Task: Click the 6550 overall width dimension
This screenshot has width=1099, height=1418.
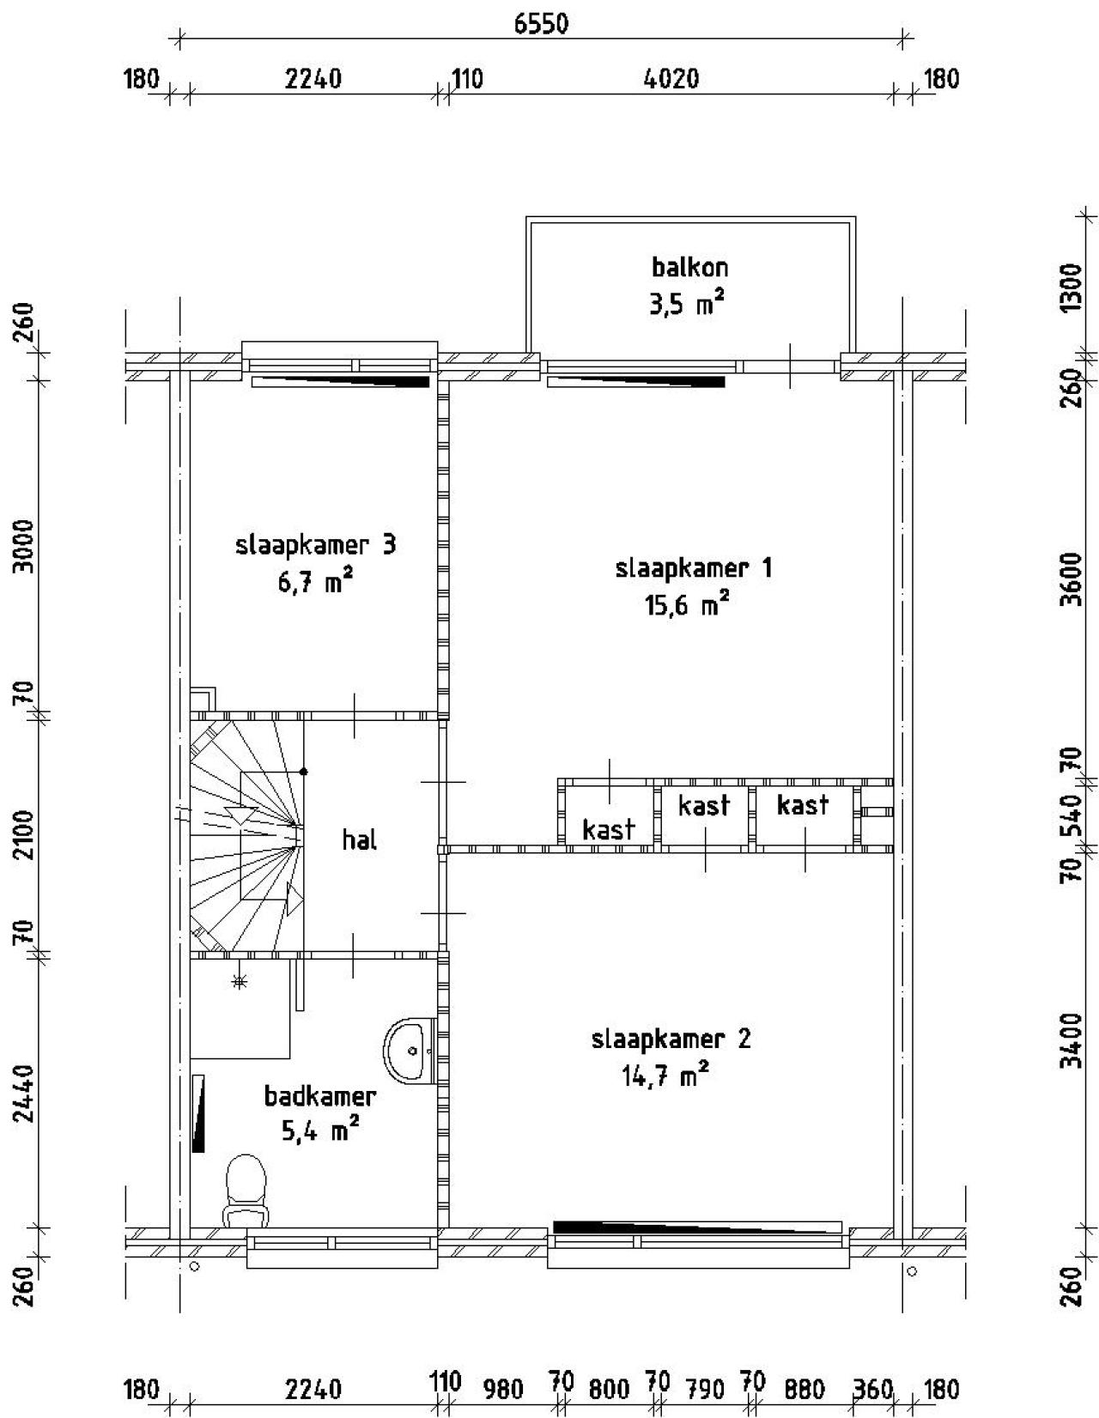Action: [541, 24]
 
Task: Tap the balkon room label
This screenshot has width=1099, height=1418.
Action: [690, 267]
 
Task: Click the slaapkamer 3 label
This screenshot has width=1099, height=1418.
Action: [315, 545]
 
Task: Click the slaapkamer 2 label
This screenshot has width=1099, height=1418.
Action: [671, 1039]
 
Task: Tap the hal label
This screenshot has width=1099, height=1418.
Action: [359, 839]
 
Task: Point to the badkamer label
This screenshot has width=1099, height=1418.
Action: [319, 1096]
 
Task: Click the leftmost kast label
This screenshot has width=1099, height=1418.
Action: [608, 829]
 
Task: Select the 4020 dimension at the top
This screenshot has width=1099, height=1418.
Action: [671, 79]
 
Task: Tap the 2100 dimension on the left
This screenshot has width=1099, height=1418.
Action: [26, 833]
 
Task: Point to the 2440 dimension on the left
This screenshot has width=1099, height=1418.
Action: [26, 1092]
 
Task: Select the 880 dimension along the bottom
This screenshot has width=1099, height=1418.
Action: [805, 1389]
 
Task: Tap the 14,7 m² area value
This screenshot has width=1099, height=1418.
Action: [665, 1076]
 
